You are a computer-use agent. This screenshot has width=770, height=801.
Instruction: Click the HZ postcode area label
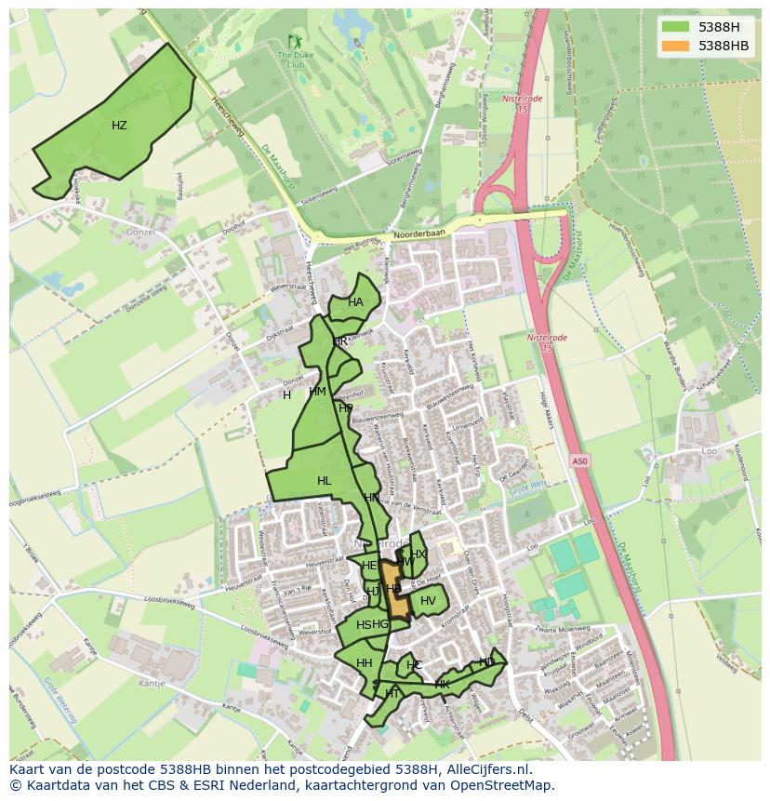coord(119,126)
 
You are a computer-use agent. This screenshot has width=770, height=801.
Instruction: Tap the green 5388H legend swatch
coord(676,26)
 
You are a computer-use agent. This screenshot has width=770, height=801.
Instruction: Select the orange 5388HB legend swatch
coord(676,45)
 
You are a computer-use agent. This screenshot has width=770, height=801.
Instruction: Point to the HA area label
coord(355,302)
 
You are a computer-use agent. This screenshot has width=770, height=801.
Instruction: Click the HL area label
coord(324,481)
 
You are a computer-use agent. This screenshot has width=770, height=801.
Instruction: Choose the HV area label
coord(428,601)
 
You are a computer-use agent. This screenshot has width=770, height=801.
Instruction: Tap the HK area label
coord(443,685)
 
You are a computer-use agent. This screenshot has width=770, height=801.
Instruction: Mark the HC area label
coord(415,665)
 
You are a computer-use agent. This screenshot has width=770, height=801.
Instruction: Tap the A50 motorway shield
coord(580,461)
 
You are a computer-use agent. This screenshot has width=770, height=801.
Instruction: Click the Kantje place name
coord(151,683)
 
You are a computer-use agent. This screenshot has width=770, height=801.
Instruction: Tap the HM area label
coord(317,392)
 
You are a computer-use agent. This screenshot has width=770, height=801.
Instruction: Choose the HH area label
coord(364,663)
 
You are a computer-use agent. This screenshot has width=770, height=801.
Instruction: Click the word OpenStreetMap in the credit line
coord(504,785)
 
